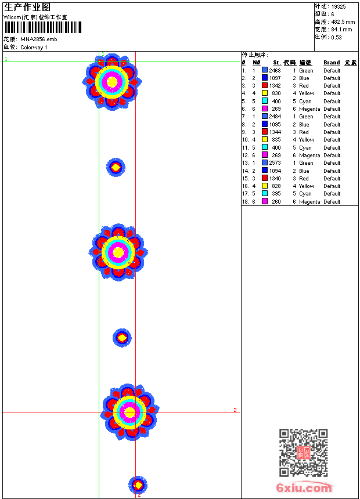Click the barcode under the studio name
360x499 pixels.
[x=43, y=27]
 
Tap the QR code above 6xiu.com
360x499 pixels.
[x=304, y=452]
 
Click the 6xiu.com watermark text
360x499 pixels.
[x=304, y=487]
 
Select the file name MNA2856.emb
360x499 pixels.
[x=39, y=39]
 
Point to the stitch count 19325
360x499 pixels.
[x=339, y=7]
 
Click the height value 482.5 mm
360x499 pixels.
[x=343, y=22]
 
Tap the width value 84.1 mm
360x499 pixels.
[x=341, y=30]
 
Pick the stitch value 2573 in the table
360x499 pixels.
[x=275, y=163]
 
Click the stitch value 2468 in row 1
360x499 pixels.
[x=275, y=71]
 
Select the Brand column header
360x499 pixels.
[x=332, y=63]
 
